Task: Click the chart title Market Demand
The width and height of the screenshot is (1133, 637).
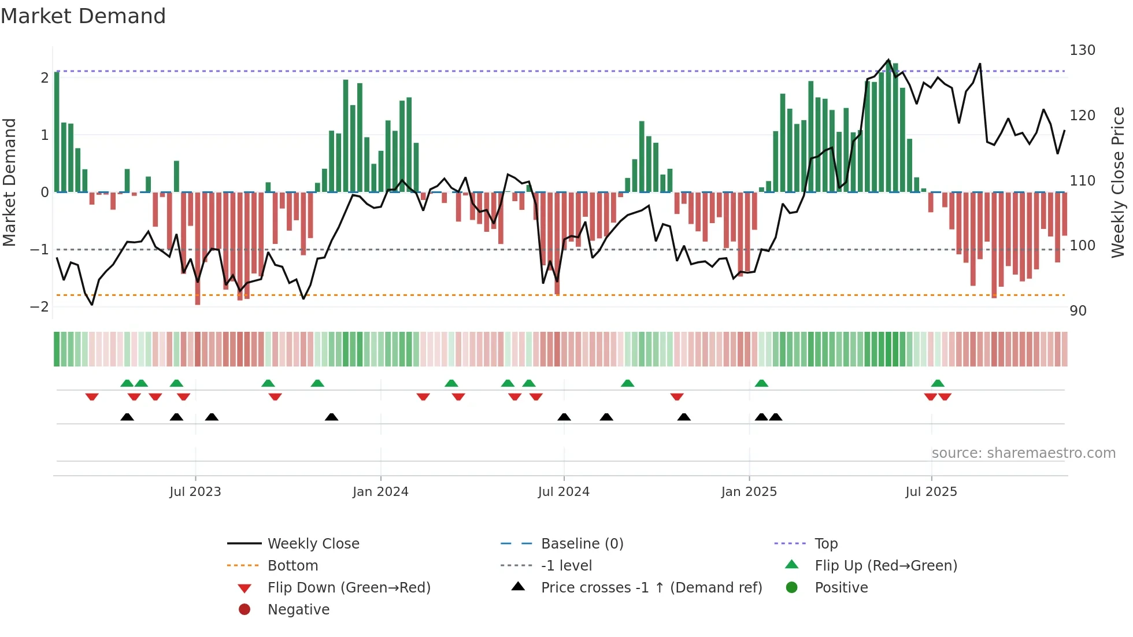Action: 83,16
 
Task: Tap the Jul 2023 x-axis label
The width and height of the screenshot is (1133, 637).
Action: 195,492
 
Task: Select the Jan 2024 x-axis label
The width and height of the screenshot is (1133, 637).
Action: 380,492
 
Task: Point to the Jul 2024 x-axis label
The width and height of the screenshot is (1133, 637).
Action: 564,492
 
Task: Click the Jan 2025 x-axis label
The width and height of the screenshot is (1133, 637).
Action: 749,492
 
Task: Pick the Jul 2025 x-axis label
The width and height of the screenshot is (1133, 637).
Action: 931,492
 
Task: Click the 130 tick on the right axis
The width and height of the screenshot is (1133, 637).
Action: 1082,50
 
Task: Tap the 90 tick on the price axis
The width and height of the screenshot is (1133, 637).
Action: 1078,311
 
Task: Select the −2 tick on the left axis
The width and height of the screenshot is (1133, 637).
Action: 39,307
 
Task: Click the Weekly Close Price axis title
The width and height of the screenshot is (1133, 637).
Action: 1119,182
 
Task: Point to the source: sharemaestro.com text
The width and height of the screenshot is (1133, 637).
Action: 1023,453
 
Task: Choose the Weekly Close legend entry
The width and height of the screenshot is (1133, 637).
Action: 313,544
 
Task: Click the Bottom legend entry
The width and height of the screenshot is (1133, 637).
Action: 292,566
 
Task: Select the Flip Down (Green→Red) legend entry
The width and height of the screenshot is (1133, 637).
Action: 349,588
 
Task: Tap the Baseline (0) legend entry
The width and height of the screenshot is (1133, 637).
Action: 582,544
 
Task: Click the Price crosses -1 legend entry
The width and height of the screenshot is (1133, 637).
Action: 651,588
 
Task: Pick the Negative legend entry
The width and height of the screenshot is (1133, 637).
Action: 298,610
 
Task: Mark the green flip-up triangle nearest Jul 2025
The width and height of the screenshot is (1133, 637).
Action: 938,383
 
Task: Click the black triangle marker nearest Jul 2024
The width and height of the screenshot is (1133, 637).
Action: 564,417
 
